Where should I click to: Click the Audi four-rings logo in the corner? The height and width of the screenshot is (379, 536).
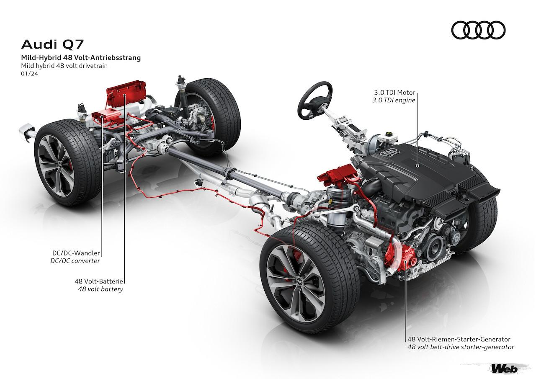click(x=478, y=31)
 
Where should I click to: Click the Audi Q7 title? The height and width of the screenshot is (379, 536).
click(x=54, y=44)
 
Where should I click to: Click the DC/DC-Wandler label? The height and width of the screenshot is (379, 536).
click(x=76, y=253)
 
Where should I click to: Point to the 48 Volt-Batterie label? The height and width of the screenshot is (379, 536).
click(x=99, y=281)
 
